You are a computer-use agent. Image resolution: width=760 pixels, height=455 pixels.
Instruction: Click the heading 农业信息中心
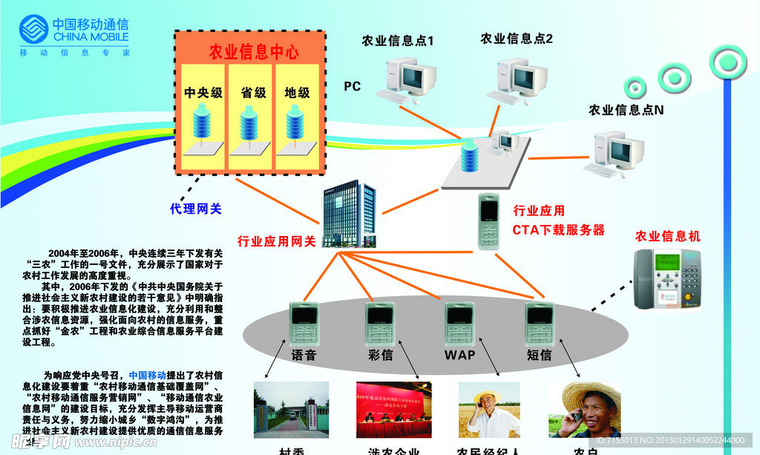click(254, 51)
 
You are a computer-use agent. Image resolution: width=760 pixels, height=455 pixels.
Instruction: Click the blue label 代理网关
click(196, 209)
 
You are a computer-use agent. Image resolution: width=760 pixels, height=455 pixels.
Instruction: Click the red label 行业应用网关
click(276, 241)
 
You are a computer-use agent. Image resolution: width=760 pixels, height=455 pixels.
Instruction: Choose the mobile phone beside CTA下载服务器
click(488, 220)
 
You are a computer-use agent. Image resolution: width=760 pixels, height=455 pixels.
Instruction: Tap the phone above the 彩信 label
click(380, 323)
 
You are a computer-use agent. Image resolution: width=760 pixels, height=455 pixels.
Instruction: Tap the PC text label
click(352, 87)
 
